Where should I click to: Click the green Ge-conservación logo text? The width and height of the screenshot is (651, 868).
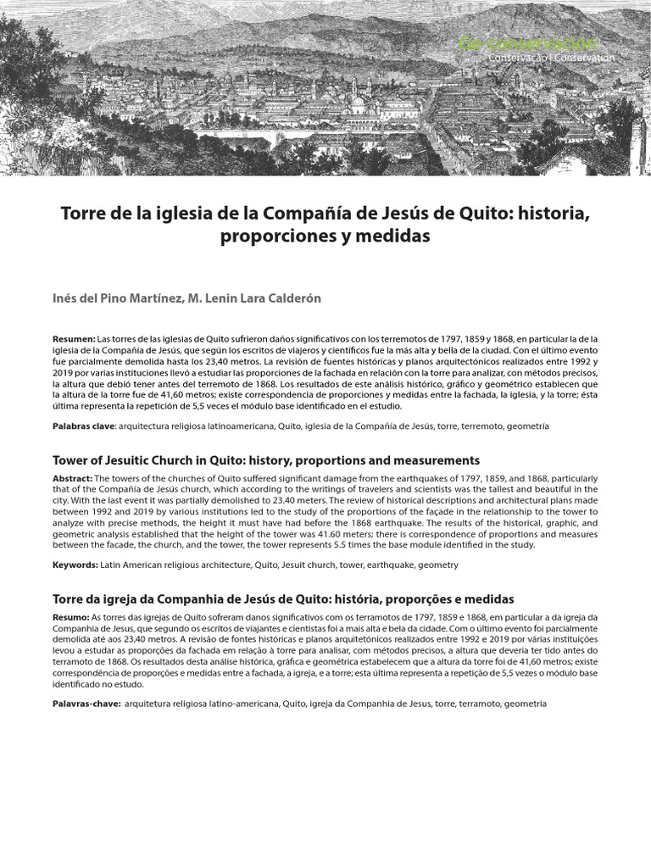pos(526,42)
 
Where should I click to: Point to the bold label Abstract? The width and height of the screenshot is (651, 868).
pos(74,478)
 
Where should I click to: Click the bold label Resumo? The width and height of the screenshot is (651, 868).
pos(70,616)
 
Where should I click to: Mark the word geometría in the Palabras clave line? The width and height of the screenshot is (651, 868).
pos(527,426)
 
